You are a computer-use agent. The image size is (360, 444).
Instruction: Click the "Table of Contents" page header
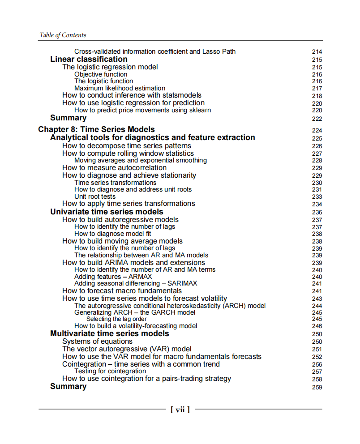point(63,35)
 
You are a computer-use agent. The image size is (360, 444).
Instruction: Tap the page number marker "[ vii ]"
point(180,409)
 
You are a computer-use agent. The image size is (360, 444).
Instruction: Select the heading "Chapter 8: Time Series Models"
point(96,129)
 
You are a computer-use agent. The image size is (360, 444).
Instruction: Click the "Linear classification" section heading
point(89,59)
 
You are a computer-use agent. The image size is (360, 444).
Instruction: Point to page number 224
point(317,131)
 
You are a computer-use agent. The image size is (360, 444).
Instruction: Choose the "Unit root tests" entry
point(95,196)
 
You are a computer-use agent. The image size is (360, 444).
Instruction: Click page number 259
point(317,387)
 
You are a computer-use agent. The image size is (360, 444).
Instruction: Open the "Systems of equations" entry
point(97,342)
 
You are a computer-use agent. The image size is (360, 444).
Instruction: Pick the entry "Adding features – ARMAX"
point(113,277)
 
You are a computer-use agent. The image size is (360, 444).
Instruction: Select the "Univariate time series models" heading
point(107,212)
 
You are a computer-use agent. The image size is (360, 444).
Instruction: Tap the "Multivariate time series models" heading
point(110,333)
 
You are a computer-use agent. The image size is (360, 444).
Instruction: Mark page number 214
point(317,52)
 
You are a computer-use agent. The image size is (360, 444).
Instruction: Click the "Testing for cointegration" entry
point(110,371)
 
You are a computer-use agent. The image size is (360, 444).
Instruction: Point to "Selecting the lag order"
point(116,319)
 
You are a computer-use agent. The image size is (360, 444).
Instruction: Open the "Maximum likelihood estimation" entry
point(120,88)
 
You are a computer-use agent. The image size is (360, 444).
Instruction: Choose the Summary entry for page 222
point(68,118)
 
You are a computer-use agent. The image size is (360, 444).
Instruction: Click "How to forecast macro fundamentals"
point(122,291)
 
